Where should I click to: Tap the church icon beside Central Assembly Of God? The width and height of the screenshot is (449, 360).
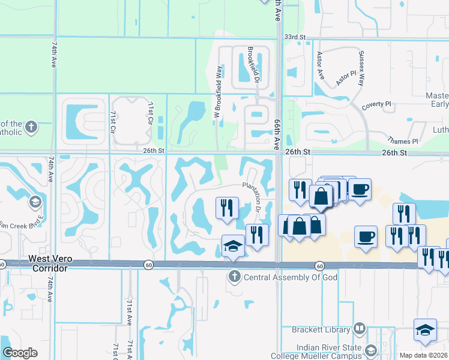point(234,277)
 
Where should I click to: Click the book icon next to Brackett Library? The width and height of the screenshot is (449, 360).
point(360,329)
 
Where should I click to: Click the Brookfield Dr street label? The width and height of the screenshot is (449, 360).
point(255,64)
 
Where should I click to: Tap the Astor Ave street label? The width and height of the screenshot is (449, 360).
point(320,65)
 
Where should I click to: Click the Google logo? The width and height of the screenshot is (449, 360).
point(20,353)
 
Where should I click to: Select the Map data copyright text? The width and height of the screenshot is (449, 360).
point(423,355)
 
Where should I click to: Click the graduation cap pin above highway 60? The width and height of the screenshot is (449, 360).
point(233,246)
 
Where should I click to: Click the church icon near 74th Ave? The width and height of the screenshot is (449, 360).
point(31,127)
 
